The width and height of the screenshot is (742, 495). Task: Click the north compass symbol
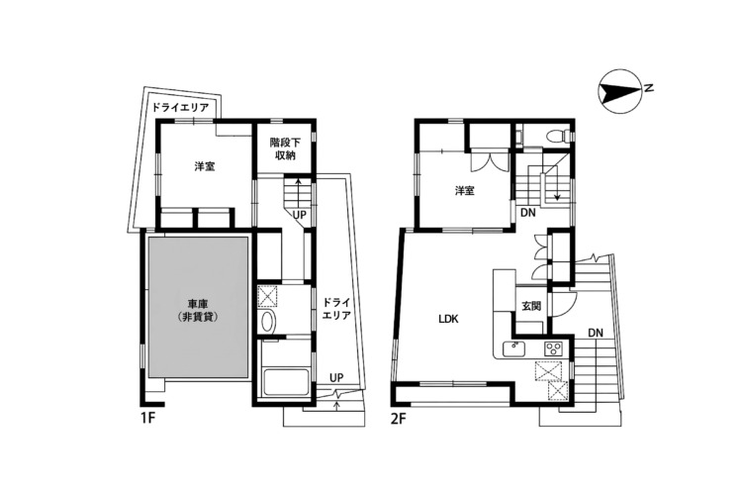point(619,91)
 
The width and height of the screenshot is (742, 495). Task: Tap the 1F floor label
point(147,419)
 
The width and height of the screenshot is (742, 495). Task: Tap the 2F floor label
point(399,419)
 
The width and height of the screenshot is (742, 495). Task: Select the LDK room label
point(448,319)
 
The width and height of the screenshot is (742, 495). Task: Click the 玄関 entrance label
point(531,306)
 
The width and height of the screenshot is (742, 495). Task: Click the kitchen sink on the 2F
point(512,349)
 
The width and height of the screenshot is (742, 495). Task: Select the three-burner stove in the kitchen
point(553,349)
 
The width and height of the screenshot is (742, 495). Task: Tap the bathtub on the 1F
point(286,382)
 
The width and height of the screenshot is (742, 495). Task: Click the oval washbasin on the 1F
point(268,322)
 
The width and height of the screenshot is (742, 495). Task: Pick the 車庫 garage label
point(198,310)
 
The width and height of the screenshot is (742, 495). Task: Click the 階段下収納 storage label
point(284,148)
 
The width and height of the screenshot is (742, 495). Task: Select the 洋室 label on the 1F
point(205,166)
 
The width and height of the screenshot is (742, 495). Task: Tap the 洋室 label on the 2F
point(465,191)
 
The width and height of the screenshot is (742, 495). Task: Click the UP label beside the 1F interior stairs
point(299,215)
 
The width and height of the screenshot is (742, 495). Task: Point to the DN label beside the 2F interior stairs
point(527,213)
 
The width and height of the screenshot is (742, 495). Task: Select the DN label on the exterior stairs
point(596,333)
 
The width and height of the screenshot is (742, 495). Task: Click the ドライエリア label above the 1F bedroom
point(180,108)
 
